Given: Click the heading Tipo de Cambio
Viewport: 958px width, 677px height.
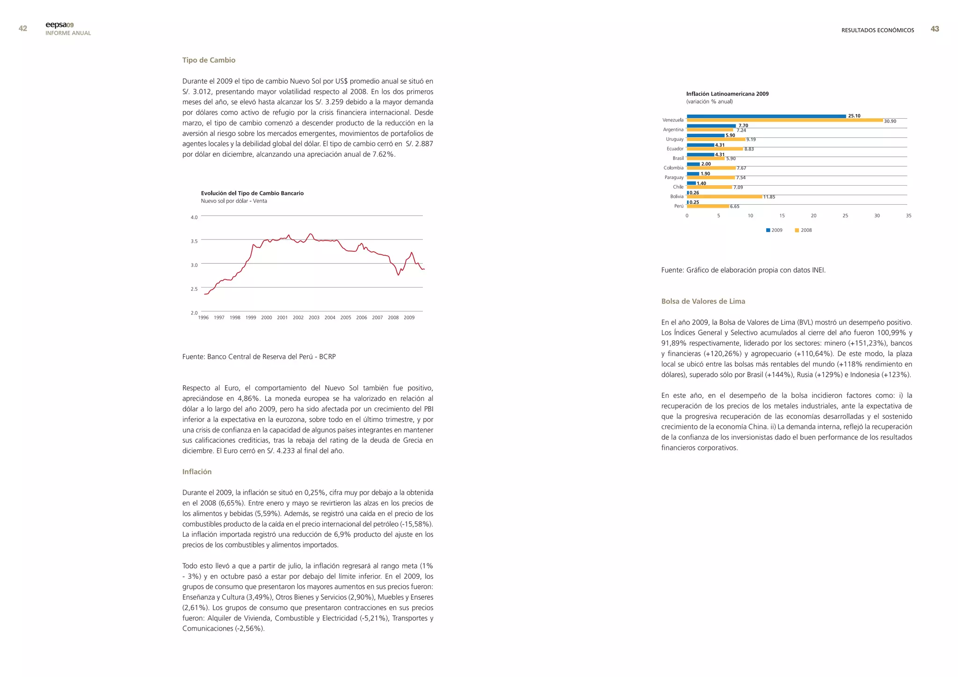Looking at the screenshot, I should [x=209, y=60].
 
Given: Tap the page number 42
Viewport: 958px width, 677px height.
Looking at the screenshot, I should [x=22, y=29].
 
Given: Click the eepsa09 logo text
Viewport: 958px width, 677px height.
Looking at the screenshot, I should [x=59, y=25].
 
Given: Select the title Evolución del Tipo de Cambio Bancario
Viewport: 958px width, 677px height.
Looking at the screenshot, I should [x=252, y=193].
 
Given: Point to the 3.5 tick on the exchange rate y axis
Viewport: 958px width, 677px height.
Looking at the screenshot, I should [x=194, y=241].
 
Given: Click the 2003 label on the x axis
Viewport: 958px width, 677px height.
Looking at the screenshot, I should [x=314, y=318].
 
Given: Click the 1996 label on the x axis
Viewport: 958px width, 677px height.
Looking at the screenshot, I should [x=203, y=318].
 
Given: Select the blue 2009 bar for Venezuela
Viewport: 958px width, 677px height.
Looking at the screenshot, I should [x=766, y=116].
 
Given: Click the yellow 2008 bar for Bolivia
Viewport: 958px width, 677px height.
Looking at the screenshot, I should [x=724, y=197].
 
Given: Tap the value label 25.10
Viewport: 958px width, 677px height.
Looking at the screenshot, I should [x=854, y=116].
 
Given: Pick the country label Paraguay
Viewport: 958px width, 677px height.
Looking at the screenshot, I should [x=674, y=178].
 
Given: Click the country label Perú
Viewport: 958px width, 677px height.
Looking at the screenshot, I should [x=678, y=206].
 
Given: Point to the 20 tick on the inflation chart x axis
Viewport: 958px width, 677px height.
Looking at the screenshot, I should [x=813, y=216].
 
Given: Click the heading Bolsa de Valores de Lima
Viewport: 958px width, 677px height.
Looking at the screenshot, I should [x=703, y=302].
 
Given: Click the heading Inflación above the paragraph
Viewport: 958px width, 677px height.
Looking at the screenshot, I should [x=197, y=472].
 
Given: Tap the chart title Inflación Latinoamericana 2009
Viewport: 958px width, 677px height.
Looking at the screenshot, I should [x=727, y=94].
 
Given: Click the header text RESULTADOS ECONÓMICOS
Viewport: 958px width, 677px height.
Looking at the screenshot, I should [x=878, y=30].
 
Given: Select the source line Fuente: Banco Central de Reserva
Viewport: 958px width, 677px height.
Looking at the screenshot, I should [x=259, y=357].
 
